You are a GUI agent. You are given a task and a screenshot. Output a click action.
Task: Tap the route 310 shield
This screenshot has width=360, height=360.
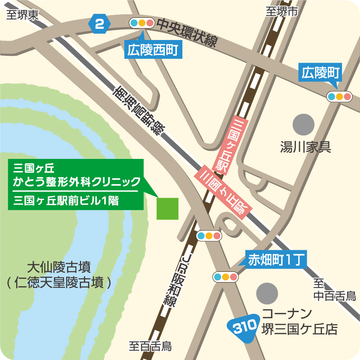[x=242, y=326]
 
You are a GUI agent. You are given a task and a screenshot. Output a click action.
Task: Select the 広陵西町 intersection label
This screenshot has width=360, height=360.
[x=154, y=51]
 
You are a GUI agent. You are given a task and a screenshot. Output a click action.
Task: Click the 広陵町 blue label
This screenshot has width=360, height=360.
[x=321, y=73]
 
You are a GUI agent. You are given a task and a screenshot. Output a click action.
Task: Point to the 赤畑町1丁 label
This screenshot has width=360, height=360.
[x=275, y=260]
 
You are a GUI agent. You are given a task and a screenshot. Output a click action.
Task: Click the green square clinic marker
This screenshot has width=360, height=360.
[x=167, y=208]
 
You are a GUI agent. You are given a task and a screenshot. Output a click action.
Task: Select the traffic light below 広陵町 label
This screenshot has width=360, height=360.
[x=339, y=97]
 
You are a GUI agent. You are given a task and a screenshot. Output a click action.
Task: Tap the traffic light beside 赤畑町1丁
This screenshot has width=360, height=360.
[x=226, y=277]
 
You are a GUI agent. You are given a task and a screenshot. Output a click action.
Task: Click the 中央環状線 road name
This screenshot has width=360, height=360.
[x=187, y=34]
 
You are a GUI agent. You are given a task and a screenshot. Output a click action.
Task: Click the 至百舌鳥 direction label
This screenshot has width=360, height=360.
[x=150, y=346]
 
